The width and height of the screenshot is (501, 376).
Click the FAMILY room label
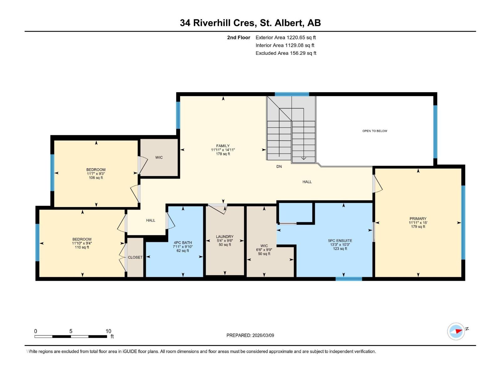tap(223, 146)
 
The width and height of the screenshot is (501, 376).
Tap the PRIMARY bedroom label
tap(418, 218)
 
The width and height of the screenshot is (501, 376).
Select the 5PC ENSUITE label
tap(340, 241)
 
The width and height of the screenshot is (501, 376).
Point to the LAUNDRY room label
tap(225, 237)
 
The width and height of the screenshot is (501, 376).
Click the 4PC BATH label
tap(183, 243)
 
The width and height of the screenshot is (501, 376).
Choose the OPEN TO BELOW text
tap(374, 131)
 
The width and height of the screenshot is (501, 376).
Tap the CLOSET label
tap(135, 257)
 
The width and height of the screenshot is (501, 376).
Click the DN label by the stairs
tap(279, 166)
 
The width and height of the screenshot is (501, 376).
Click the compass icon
tap(456, 332)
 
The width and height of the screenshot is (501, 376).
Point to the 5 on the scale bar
tap(71, 331)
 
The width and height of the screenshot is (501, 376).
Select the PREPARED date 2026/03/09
tap(263, 335)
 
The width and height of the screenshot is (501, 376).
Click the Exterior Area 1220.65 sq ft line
tap(286, 37)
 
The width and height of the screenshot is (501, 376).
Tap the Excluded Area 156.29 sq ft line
tap(286, 53)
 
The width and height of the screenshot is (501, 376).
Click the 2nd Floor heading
tap(239, 37)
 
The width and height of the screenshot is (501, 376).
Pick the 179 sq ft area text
tap(418, 227)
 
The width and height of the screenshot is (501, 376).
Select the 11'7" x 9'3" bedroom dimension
tap(96, 174)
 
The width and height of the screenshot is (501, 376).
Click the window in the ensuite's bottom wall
tap(349, 279)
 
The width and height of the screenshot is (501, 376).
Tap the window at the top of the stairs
tap(292, 94)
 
